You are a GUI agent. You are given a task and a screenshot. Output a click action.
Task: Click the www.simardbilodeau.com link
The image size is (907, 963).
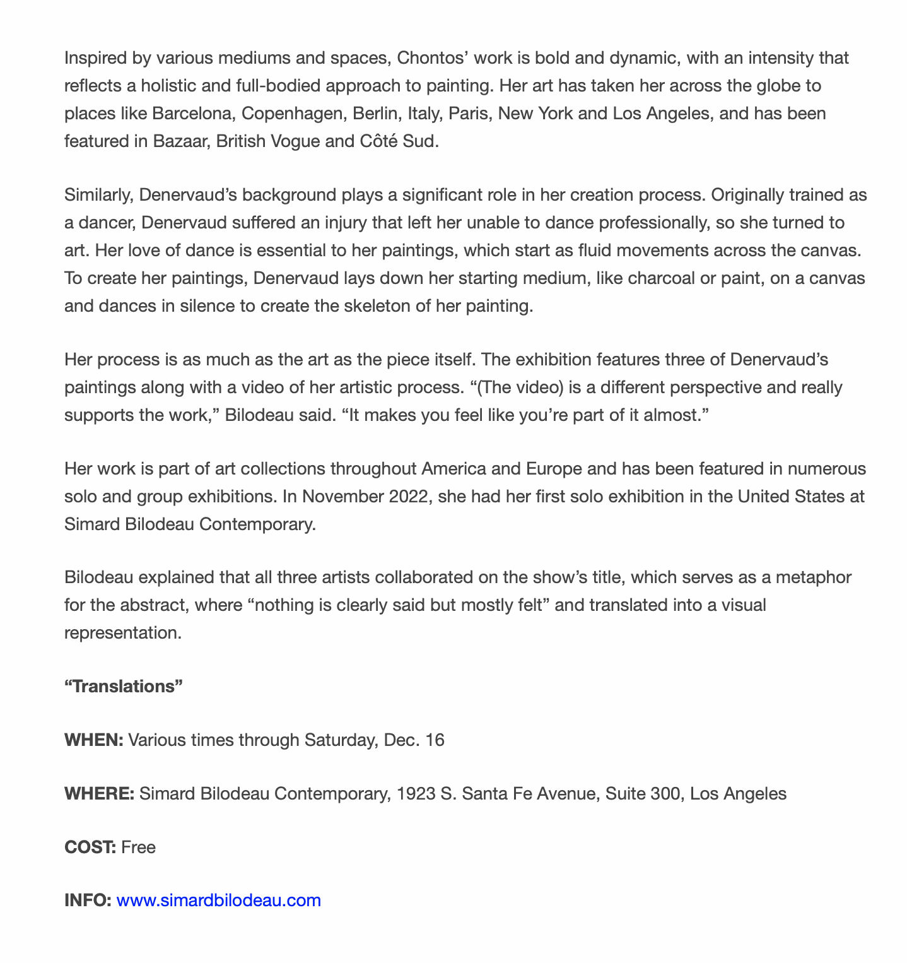(219, 900)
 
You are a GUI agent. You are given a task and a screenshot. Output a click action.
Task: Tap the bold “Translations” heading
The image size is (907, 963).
(124, 686)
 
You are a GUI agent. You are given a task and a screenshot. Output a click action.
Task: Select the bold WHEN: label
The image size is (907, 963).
(94, 740)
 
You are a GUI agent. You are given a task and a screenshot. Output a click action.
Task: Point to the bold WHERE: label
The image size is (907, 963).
(99, 793)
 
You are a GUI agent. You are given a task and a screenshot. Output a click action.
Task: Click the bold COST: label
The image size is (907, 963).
(90, 847)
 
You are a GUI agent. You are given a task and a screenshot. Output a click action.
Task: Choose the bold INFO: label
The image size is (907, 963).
(88, 900)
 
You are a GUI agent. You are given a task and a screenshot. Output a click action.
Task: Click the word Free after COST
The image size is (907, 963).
(139, 847)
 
